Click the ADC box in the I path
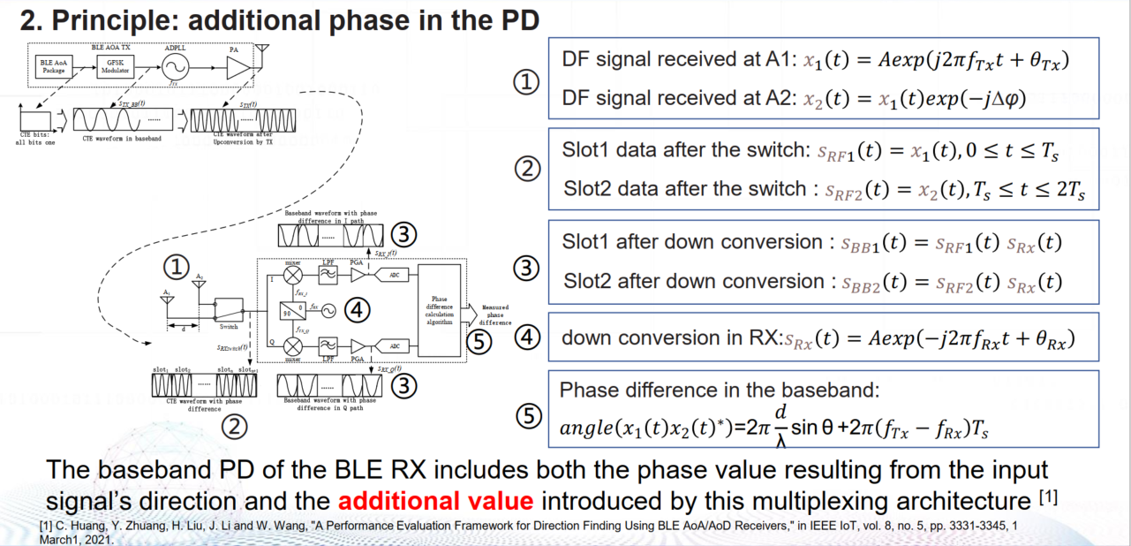tap(395, 275)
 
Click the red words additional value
tap(435, 502)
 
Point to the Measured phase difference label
tap(494, 314)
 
